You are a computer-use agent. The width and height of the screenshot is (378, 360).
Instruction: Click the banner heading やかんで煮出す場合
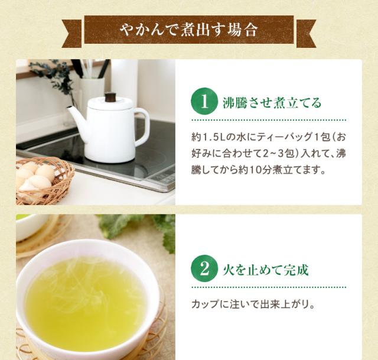(189, 30)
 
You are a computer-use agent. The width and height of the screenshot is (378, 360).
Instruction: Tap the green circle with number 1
(204, 101)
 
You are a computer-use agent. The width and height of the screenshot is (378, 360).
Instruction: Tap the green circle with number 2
(204, 268)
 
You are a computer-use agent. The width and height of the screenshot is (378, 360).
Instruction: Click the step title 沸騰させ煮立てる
(272, 102)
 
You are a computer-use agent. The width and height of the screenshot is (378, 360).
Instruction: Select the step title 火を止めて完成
(265, 270)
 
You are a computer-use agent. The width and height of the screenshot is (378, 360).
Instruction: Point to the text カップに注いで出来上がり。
(253, 304)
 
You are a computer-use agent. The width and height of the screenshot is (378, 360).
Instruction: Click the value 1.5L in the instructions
(214, 137)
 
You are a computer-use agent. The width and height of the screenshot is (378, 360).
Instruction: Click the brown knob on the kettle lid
(110, 97)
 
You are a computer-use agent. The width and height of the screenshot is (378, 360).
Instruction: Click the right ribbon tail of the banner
(306, 34)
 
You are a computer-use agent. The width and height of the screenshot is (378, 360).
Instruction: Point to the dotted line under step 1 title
(269, 119)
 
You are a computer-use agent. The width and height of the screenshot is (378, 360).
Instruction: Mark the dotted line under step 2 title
(269, 287)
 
